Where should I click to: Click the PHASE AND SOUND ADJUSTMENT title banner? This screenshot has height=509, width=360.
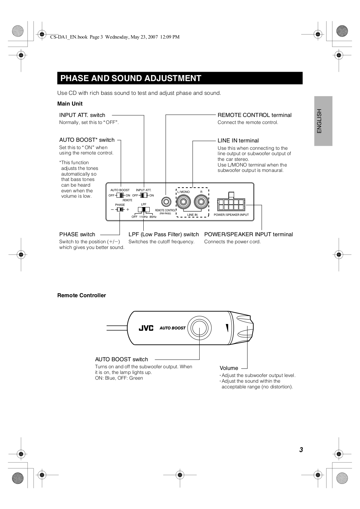[x=179, y=78]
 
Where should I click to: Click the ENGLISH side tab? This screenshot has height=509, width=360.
[x=323, y=121]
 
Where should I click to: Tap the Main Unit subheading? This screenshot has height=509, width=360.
[x=70, y=104]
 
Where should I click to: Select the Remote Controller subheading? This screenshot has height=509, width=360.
[x=81, y=295]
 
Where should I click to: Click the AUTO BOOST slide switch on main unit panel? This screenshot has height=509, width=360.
[x=120, y=195]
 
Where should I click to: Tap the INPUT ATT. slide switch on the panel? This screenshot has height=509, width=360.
[x=144, y=195]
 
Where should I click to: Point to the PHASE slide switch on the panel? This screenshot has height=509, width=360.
[x=120, y=209]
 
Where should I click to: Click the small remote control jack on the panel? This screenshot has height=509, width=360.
[x=165, y=202]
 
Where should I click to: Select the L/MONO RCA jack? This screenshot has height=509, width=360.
[x=184, y=202]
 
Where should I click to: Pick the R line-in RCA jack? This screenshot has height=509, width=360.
[x=201, y=202]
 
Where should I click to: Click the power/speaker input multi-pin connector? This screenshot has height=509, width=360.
[x=231, y=203]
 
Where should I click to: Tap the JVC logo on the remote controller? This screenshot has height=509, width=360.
[x=146, y=328]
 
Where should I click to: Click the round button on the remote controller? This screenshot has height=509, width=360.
[x=199, y=328]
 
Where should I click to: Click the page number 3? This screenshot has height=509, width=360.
[x=301, y=450]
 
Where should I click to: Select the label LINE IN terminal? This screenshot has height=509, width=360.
[x=238, y=140]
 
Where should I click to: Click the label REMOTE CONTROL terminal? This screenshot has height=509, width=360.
[x=255, y=115]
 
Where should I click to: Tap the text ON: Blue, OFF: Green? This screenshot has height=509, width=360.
[x=119, y=378]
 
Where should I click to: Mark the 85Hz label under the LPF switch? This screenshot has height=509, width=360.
[x=153, y=217]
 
